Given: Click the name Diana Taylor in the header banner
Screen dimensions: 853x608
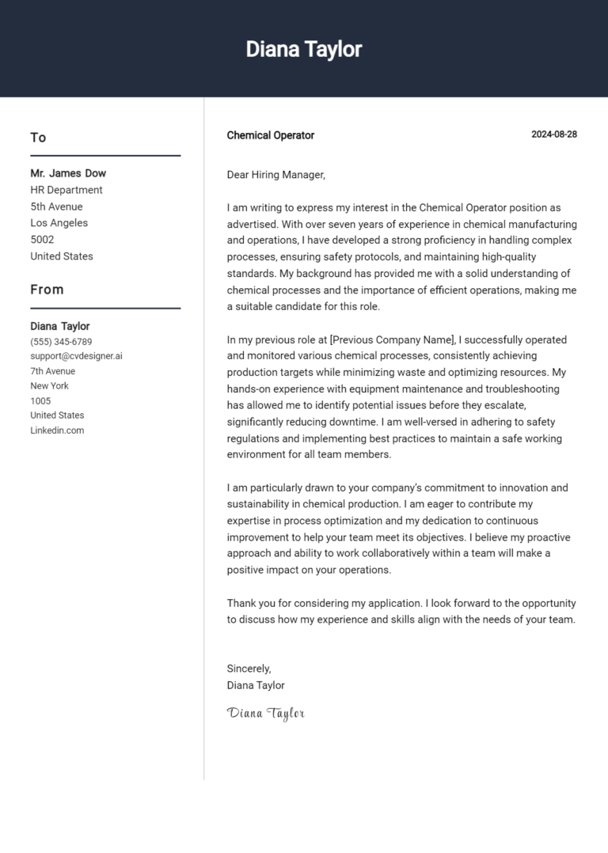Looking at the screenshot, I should [303, 49].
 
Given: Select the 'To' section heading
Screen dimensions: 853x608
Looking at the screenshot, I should [38, 138].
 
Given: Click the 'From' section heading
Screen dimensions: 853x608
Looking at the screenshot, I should [47, 290].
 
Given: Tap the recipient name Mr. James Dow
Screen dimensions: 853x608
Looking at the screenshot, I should [68, 173].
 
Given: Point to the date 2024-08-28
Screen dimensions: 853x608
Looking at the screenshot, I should [553, 135].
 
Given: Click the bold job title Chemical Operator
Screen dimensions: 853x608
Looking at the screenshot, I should [270, 135].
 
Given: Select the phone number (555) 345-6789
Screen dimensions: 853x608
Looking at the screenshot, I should [61, 342].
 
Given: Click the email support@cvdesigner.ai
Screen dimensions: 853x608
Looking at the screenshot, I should [76, 356].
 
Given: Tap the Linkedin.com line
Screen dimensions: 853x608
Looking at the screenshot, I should [57, 430].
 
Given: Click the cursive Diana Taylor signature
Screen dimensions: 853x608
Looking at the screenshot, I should [265, 713].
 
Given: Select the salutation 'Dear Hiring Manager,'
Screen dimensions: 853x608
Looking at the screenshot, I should [275, 175].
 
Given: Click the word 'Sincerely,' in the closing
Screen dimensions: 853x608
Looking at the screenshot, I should [249, 669].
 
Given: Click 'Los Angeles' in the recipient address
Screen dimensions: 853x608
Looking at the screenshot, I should [59, 223].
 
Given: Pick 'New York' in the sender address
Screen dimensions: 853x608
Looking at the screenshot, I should [49, 386].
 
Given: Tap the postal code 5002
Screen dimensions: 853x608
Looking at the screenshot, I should [42, 240].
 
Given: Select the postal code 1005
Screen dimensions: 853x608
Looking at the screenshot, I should [40, 401].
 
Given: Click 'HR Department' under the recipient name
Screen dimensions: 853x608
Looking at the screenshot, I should [66, 190].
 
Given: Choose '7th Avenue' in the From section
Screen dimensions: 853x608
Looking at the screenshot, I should [53, 371].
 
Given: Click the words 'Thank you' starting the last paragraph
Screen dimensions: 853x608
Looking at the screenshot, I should [251, 603].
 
